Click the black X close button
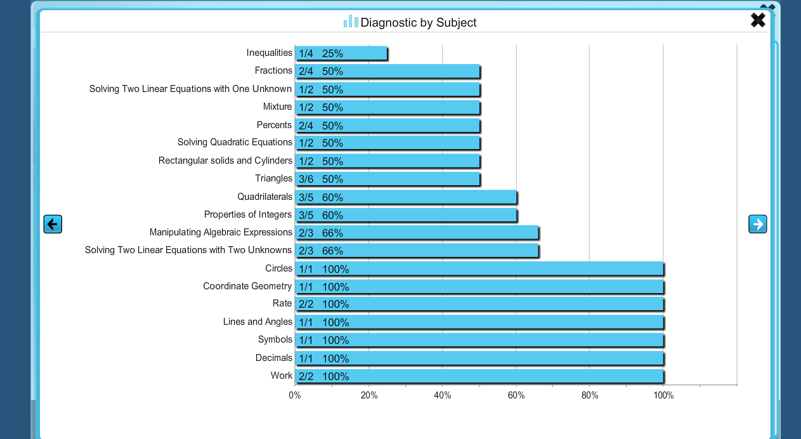[x=758, y=20]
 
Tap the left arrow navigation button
[x=53, y=224]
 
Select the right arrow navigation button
[x=758, y=224]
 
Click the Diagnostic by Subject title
[x=419, y=23]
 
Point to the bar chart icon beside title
[x=351, y=22]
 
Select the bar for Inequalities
[x=341, y=53]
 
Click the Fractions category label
[x=273, y=70]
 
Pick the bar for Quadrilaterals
[x=406, y=197]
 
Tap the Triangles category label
[x=273, y=178]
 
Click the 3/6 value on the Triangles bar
[x=306, y=179]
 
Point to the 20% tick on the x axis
[x=369, y=396]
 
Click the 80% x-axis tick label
[x=590, y=396]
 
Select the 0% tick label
[x=295, y=396]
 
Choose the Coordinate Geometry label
[x=247, y=286]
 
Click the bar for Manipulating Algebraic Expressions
[x=417, y=233]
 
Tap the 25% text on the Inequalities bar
[x=332, y=53]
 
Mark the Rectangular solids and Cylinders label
[x=225, y=161]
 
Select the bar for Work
[x=479, y=376]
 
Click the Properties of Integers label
[x=248, y=214]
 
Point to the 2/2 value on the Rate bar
[x=306, y=305]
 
